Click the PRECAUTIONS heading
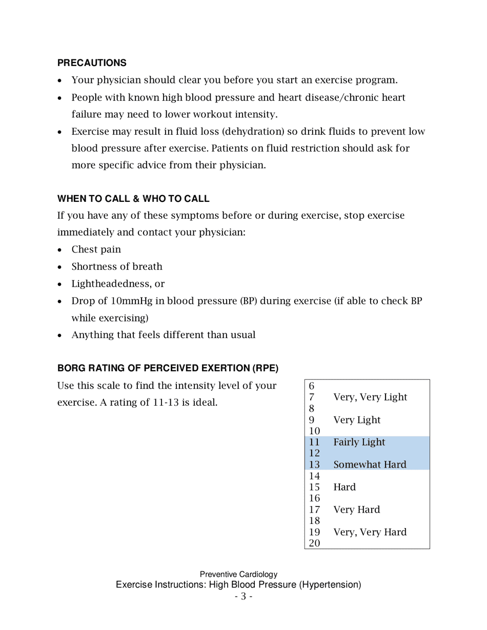[x=92, y=63]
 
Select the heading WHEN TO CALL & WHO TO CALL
[x=133, y=199]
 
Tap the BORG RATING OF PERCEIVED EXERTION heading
[x=168, y=368]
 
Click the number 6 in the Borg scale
[x=311, y=386]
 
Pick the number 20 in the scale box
[x=314, y=543]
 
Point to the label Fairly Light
[x=359, y=442]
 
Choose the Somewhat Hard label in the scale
[x=370, y=465]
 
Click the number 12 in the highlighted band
[x=314, y=453]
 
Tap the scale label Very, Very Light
[x=370, y=397]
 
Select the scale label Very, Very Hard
[x=370, y=532]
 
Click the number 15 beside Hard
[x=314, y=487]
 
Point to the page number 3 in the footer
[x=243, y=596]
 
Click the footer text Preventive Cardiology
[x=238, y=575]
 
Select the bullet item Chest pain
[x=96, y=249]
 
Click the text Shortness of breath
[x=117, y=266]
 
